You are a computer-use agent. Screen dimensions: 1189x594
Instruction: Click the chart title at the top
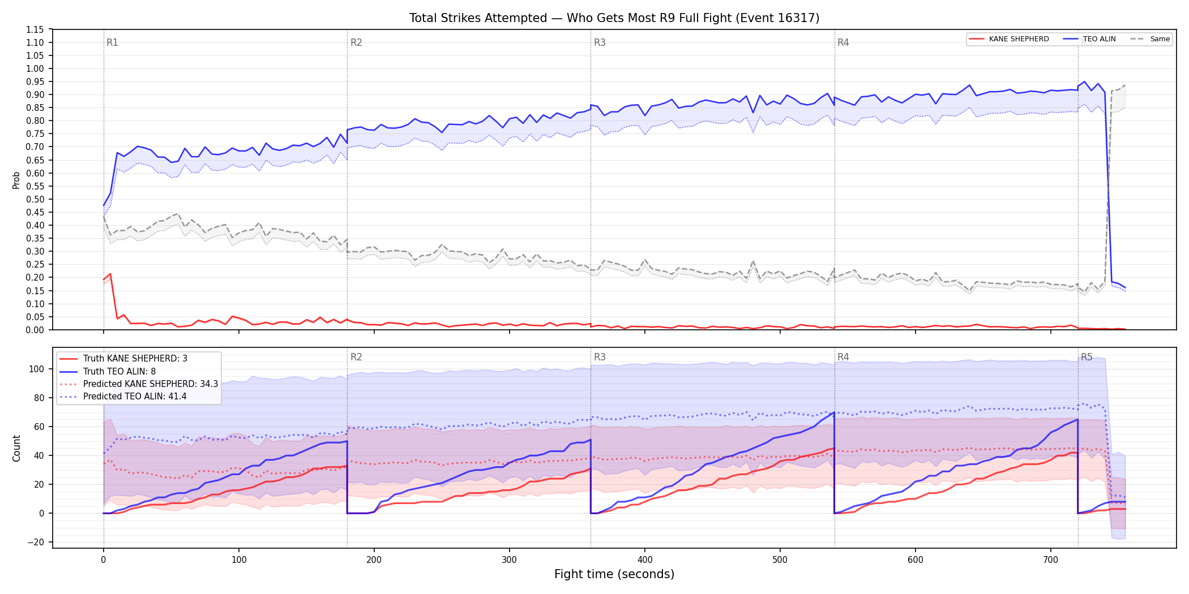click(614, 18)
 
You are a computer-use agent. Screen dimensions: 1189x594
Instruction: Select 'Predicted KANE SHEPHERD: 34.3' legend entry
click(139, 384)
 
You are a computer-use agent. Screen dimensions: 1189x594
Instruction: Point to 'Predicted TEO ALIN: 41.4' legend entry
click(123, 396)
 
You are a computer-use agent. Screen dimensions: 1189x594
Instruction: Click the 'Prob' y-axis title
click(16, 180)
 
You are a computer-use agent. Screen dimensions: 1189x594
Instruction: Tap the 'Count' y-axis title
click(16, 448)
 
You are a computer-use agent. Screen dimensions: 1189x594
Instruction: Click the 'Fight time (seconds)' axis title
click(614, 574)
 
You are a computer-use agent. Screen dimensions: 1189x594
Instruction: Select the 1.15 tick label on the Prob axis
click(35, 29)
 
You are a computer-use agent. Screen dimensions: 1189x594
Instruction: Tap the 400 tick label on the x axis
click(645, 559)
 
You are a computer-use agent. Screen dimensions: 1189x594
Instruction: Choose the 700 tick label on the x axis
click(1051, 559)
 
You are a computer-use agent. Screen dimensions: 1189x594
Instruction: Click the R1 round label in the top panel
click(112, 42)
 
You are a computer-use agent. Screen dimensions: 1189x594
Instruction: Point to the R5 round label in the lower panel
click(1087, 357)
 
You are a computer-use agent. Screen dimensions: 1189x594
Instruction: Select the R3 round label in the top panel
click(600, 42)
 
